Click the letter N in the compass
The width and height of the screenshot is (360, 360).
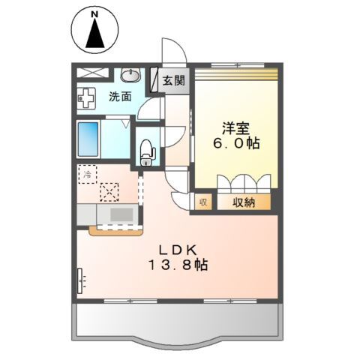94,14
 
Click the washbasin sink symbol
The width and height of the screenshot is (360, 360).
132,75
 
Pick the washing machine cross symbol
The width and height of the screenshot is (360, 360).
88,97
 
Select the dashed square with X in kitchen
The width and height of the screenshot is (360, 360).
109,192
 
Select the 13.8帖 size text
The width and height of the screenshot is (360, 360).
177,265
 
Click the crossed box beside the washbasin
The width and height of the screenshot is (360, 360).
93,74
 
